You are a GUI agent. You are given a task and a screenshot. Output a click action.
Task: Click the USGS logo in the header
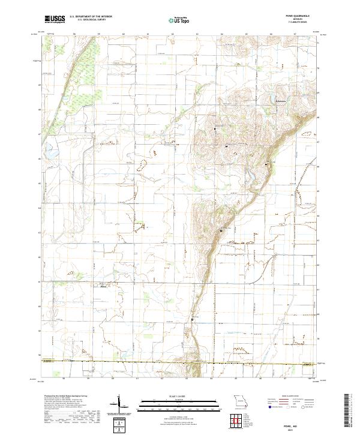click(55, 19)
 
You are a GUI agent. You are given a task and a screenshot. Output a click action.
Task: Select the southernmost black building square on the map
click(193, 319)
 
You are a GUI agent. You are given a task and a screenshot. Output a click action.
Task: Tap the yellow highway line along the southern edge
click(180, 362)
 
